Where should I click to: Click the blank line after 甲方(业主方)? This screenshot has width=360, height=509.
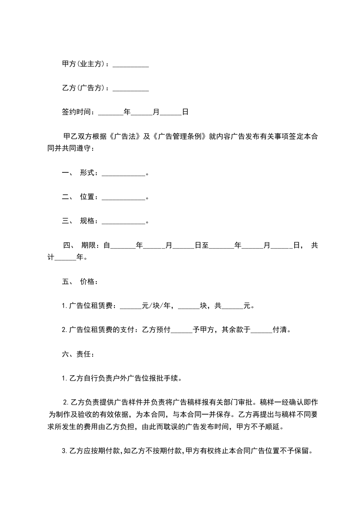131,65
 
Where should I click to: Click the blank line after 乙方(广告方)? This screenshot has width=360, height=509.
131,88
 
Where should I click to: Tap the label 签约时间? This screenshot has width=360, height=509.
77,111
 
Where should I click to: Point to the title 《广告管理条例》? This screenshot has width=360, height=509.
180,136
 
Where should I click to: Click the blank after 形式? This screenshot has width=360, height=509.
123,173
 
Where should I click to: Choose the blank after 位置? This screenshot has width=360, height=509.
123,197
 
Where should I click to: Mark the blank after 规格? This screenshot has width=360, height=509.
123,221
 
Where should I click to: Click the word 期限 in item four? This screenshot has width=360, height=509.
89,245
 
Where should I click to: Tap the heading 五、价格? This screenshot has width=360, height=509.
78,281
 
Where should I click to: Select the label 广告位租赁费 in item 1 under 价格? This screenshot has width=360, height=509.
92,306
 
